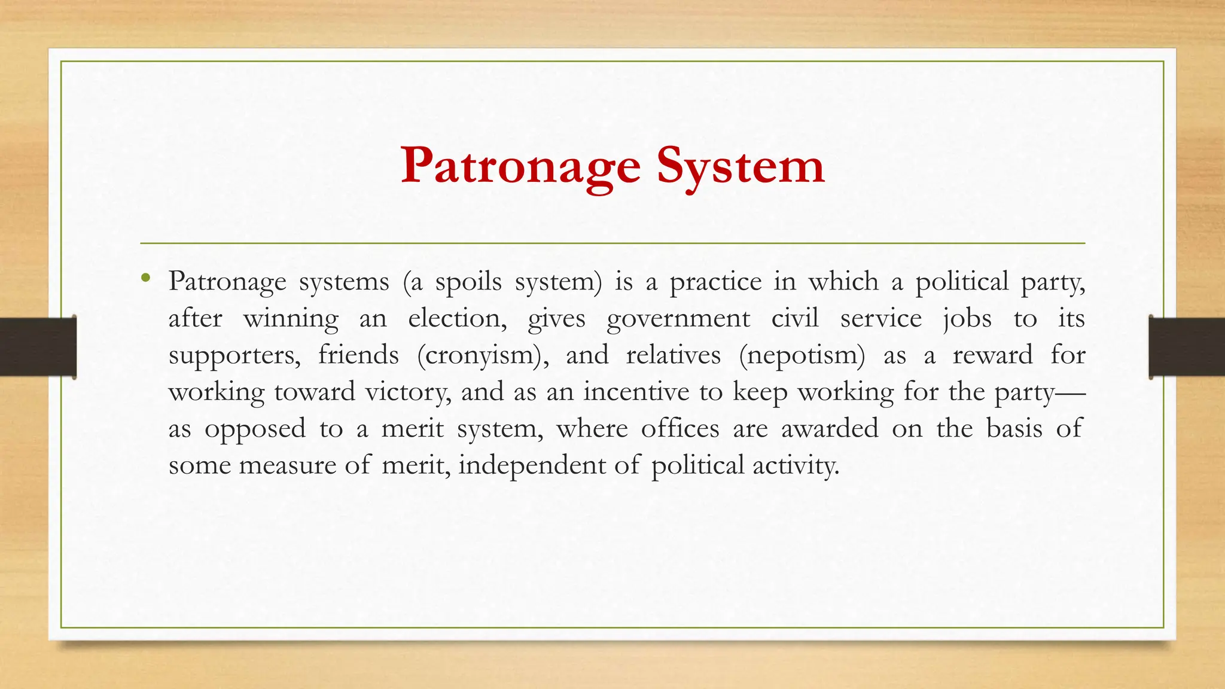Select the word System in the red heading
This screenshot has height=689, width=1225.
[x=741, y=166]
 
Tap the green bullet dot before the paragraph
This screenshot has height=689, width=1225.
[x=145, y=278]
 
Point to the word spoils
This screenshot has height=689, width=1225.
[x=468, y=282]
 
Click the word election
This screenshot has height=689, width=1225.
[x=457, y=318]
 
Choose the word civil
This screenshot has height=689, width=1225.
[x=795, y=318]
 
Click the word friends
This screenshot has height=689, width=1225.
[x=358, y=355]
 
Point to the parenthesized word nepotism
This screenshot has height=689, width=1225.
[x=802, y=355]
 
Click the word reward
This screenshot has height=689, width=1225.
[x=992, y=355]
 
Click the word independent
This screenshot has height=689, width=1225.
[x=532, y=465]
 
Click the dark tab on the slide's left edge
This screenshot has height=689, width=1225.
[x=38, y=347]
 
